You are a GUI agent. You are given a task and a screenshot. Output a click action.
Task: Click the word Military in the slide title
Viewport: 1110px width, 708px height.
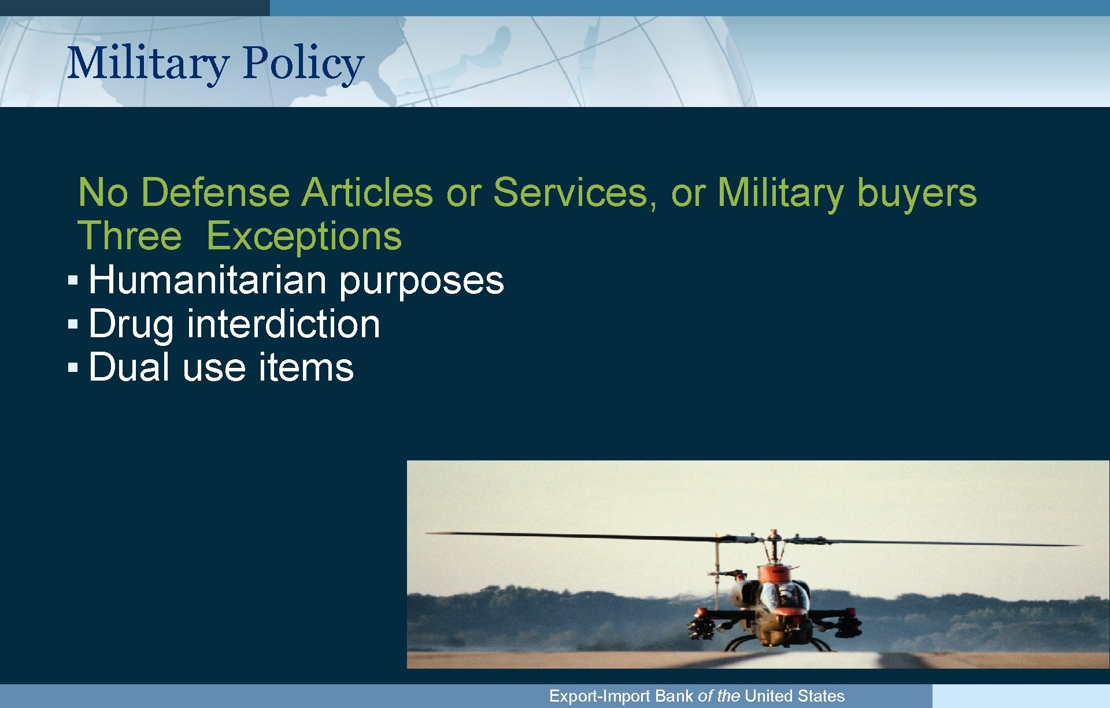point(148,63)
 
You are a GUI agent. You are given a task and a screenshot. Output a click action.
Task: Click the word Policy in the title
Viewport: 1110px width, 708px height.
point(303,63)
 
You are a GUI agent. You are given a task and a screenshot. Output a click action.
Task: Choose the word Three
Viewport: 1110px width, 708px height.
point(130,236)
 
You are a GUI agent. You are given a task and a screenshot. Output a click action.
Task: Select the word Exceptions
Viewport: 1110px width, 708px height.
point(304,237)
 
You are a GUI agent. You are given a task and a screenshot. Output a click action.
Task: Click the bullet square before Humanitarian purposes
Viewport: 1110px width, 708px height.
point(72,281)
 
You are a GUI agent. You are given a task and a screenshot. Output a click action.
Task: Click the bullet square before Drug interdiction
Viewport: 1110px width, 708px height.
point(72,324)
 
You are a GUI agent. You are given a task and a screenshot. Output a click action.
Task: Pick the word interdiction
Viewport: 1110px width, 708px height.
point(283,324)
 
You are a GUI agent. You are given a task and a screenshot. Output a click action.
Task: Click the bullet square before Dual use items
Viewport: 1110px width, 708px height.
point(72,367)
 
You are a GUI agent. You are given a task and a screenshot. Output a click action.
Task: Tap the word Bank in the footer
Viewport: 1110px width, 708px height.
point(674,696)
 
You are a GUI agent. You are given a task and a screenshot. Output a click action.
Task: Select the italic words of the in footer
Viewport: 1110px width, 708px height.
point(719,696)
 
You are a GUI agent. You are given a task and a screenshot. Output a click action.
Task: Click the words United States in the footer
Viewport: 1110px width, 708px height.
point(794,696)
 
